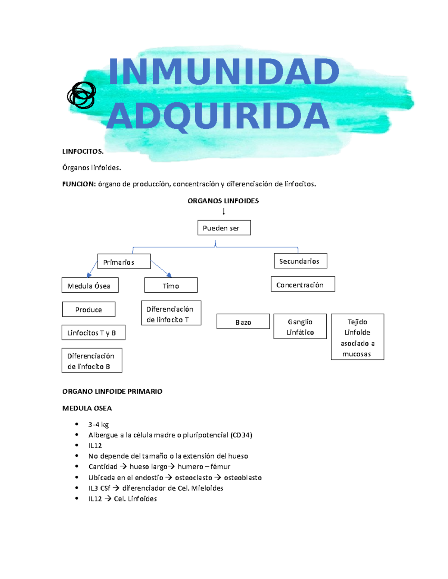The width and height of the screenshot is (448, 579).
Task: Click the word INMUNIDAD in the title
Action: [x=224, y=72]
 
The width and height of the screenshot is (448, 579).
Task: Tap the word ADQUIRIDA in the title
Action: [x=218, y=116]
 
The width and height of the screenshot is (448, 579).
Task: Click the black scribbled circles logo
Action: [x=81, y=95]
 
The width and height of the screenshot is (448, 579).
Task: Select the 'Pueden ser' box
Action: [x=224, y=228]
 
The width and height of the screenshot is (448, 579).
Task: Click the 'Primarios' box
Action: [x=124, y=262]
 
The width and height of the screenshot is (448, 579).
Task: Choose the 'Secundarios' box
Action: [x=300, y=261]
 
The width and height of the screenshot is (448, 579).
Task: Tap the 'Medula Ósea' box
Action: [x=90, y=286]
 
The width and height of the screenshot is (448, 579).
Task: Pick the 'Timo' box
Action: [x=171, y=286]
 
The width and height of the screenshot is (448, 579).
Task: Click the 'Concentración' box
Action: [x=303, y=284]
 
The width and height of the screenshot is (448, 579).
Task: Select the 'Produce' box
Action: [x=88, y=309]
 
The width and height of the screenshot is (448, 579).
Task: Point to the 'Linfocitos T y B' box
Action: [x=93, y=333]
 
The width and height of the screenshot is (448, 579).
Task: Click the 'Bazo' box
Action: [x=243, y=322]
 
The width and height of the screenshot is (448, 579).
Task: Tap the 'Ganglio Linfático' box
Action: [x=300, y=327]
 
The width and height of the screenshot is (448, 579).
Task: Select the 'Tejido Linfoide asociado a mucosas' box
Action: [x=357, y=337]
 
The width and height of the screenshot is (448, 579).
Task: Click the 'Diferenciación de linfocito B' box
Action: [x=92, y=361]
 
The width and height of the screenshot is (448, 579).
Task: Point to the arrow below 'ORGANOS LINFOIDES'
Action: [x=224, y=211]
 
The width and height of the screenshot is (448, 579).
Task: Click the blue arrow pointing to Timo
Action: [x=162, y=269]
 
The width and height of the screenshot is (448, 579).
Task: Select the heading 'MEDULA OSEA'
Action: [x=87, y=408]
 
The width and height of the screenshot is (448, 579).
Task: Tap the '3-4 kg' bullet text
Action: [x=99, y=424]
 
